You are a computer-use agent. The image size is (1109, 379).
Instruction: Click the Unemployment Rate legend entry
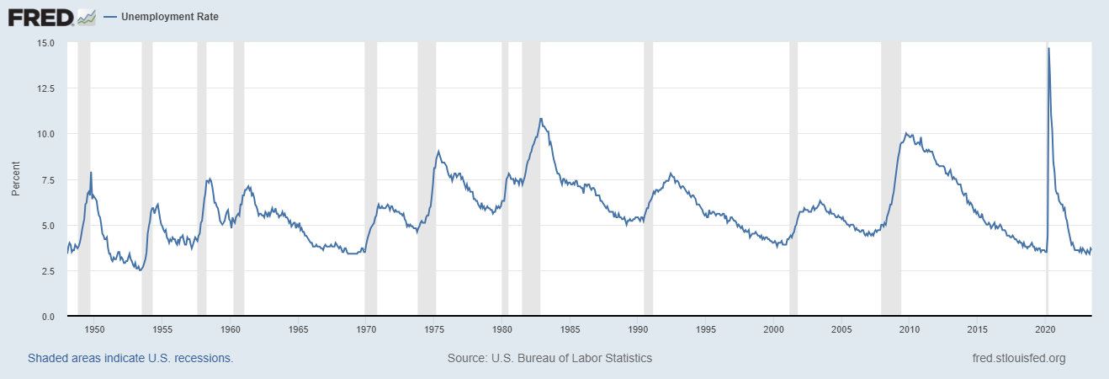(x=169, y=17)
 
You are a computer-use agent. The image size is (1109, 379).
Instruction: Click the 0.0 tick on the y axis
(x=48, y=317)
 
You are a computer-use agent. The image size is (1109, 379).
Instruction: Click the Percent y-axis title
(x=16, y=179)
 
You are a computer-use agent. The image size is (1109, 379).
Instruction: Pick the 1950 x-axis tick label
(x=94, y=328)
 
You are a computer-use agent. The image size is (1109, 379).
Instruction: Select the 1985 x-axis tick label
(x=570, y=328)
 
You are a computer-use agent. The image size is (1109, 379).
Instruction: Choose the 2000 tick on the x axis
(x=774, y=328)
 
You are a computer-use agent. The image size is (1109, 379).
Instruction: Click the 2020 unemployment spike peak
(x=1048, y=49)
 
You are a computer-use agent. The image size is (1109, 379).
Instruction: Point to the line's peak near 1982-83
(x=541, y=119)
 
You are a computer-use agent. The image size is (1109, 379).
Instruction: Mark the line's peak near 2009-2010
(x=905, y=133)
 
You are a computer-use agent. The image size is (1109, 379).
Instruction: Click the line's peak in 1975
(x=438, y=152)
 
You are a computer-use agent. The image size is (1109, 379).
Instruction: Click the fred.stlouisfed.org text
(x=1018, y=358)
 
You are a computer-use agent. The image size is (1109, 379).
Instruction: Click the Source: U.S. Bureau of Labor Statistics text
(x=549, y=358)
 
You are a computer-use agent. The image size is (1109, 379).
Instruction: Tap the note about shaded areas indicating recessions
(x=130, y=358)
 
